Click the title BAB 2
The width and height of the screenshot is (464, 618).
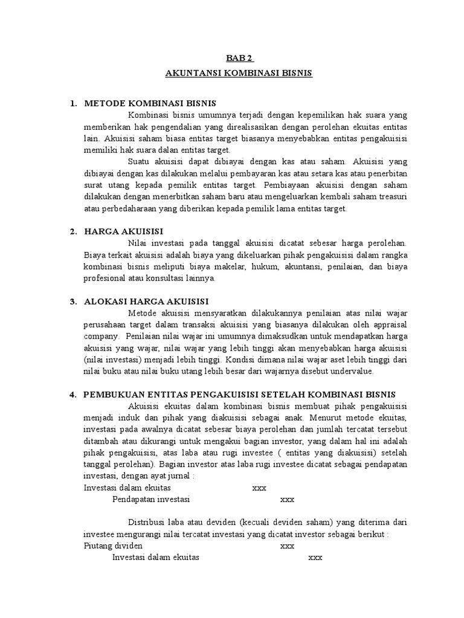[x=240, y=59]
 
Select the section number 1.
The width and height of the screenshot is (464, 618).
[x=73, y=104]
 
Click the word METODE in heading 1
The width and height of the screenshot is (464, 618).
[x=105, y=104]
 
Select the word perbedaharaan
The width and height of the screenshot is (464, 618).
[x=120, y=209]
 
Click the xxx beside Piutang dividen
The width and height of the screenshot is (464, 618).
[x=287, y=546]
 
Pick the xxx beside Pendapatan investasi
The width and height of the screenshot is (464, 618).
[x=287, y=499]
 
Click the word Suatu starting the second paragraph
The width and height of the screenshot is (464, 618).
[x=140, y=162]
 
